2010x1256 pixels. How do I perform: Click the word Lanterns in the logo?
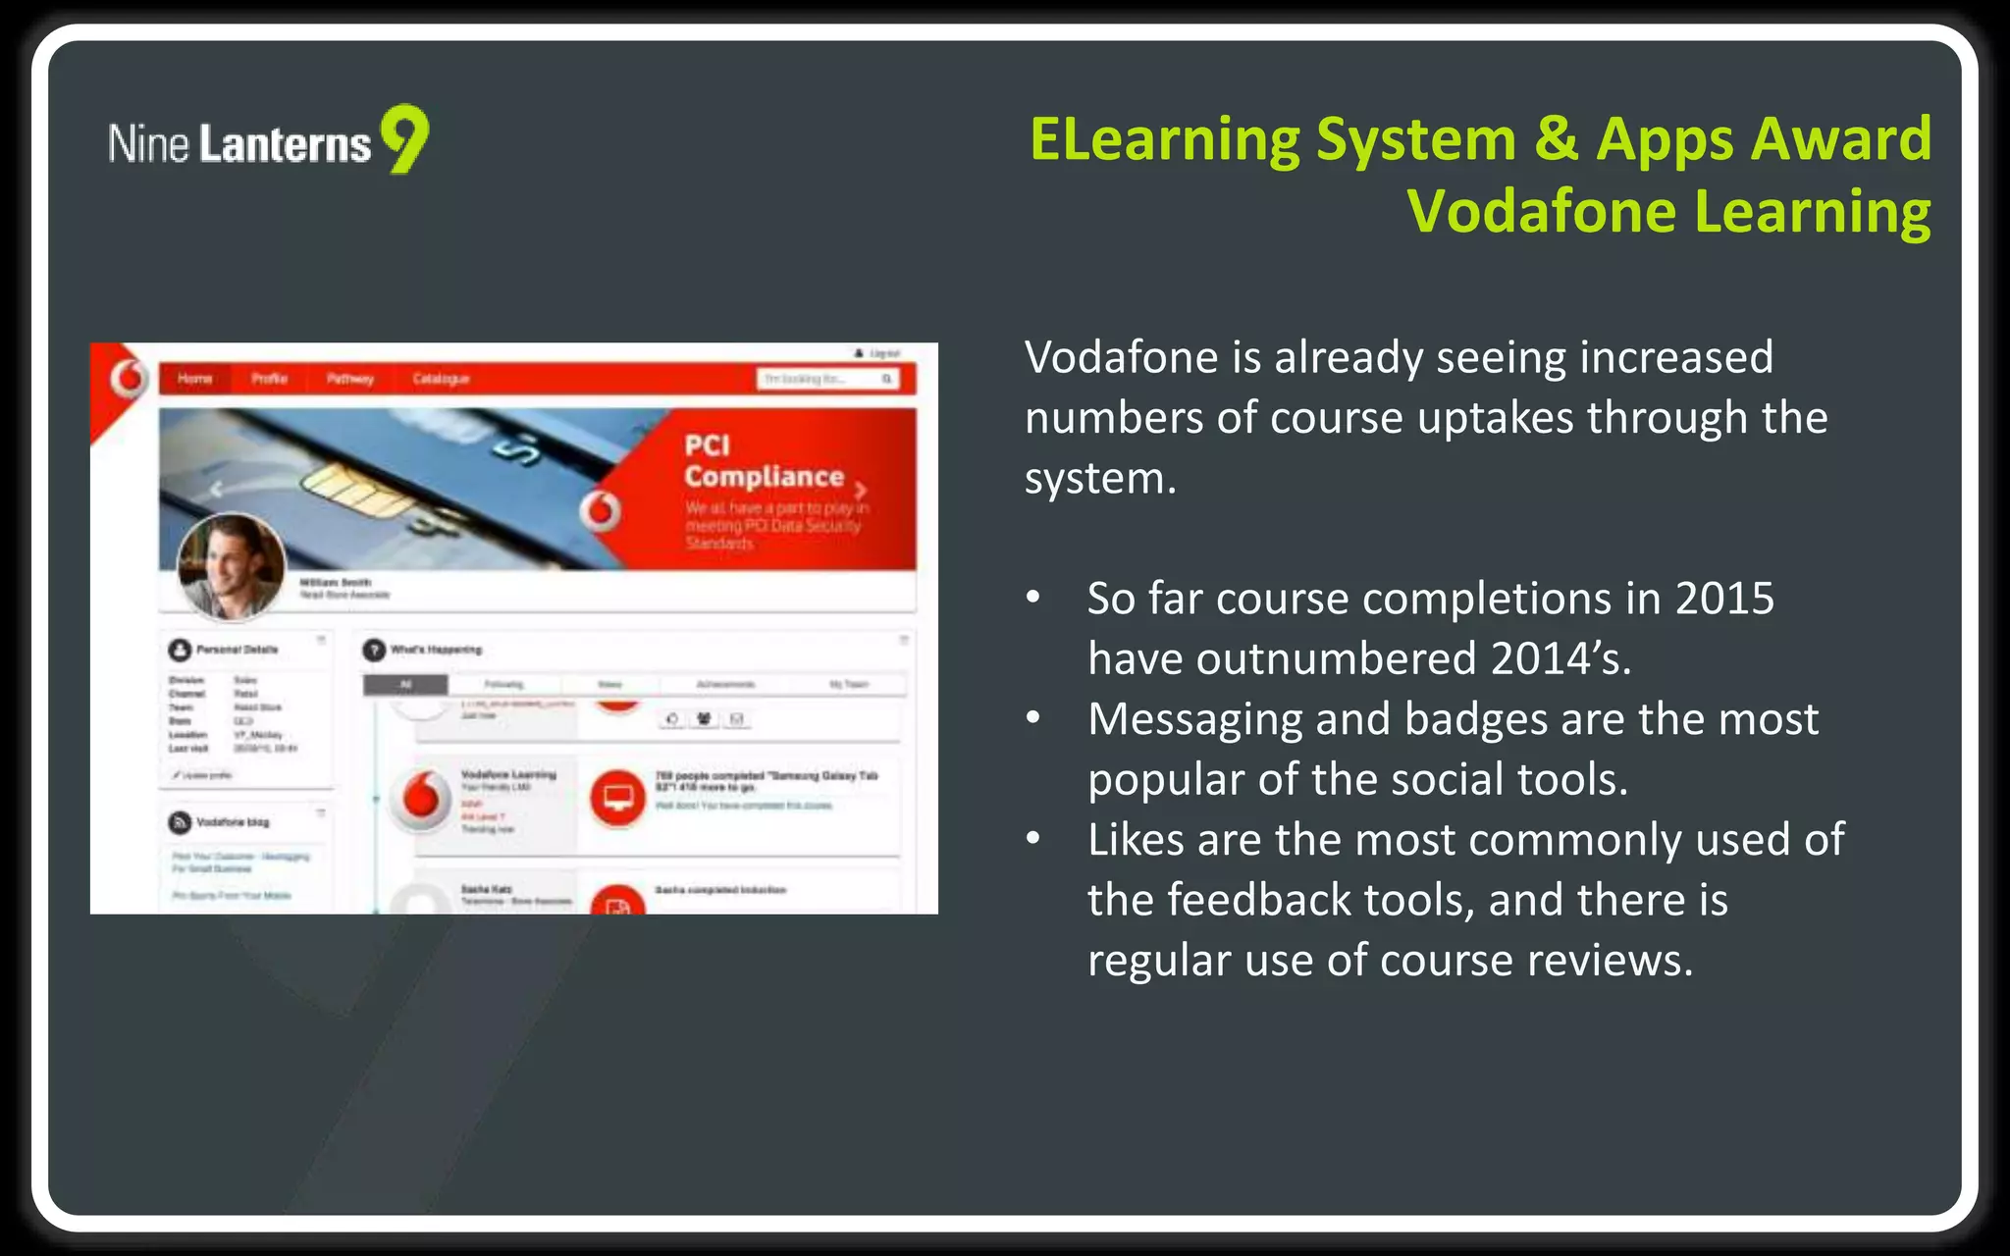[285, 144]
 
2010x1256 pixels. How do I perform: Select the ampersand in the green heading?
[1556, 139]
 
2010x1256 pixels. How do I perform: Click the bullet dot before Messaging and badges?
[1032, 718]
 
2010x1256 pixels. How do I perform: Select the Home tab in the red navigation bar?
[194, 379]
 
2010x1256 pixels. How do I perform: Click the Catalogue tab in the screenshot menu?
[441, 379]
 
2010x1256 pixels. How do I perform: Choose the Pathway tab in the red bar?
[349, 379]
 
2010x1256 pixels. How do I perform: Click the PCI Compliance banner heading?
[764, 461]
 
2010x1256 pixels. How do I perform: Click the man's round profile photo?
[232, 566]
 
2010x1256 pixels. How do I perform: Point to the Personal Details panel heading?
[237, 650]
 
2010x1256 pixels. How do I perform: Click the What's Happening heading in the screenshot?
[436, 650]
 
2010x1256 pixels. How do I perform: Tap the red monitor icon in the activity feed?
[617, 798]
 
